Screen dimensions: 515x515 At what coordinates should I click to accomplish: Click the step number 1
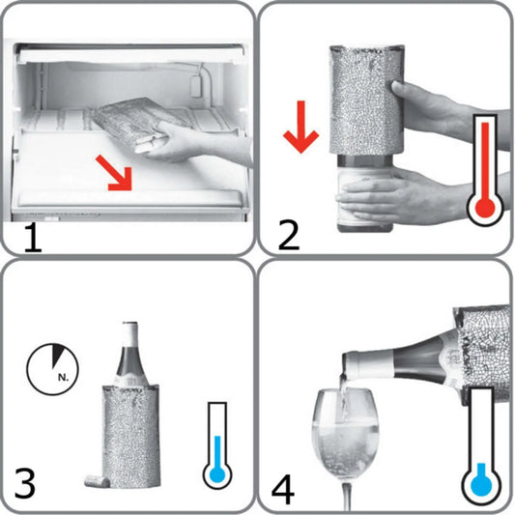pos(31,233)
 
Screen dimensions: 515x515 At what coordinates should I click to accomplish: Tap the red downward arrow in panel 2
pos(301,132)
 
